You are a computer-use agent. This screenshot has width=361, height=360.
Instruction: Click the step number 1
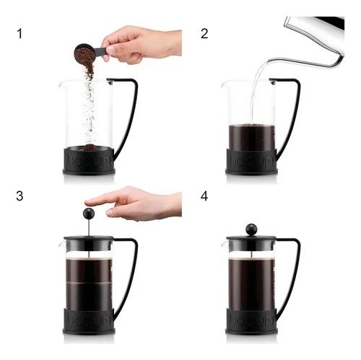click(x=19, y=33)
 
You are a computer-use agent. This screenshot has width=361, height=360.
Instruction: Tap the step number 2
click(x=204, y=33)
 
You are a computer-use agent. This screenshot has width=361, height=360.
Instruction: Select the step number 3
click(x=19, y=196)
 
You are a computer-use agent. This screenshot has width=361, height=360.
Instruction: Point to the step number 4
click(x=204, y=196)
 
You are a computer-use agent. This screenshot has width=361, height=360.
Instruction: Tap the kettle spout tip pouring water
click(x=269, y=61)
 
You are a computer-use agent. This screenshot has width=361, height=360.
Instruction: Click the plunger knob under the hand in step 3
click(x=88, y=214)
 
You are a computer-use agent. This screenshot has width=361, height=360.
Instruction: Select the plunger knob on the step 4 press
click(x=251, y=229)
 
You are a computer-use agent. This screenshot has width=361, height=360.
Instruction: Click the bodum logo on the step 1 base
click(x=89, y=160)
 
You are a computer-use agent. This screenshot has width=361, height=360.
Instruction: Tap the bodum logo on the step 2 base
click(x=252, y=160)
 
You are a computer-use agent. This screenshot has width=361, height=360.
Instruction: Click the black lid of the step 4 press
click(x=251, y=238)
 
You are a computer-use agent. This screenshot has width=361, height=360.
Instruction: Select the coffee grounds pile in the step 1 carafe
click(x=89, y=147)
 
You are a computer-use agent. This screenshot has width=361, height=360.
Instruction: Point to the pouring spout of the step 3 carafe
click(x=61, y=245)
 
